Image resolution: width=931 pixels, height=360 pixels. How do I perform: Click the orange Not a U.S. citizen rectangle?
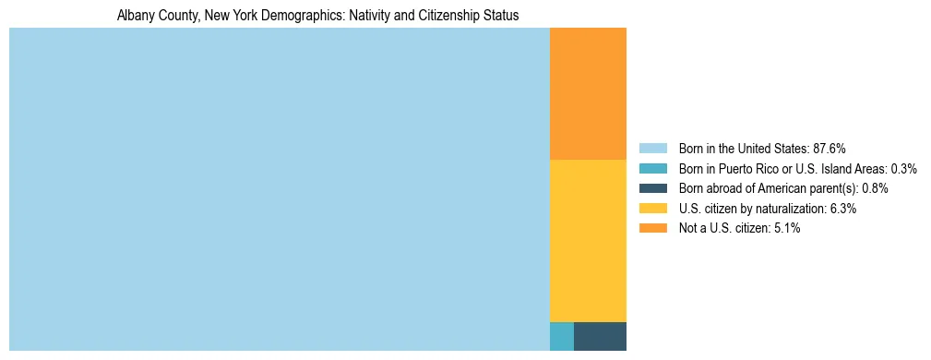[588, 94]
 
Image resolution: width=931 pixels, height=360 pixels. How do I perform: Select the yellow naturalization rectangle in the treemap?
[588, 240]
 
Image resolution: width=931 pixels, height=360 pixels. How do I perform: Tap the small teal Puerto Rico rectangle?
[561, 336]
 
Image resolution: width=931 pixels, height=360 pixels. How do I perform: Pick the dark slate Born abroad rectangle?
[600, 336]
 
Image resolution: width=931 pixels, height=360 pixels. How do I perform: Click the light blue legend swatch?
[652, 149]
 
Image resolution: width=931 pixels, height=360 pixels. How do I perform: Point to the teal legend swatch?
[652, 169]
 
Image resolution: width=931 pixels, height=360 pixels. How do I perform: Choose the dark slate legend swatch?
[652, 188]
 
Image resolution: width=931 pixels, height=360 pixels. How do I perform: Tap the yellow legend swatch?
[652, 209]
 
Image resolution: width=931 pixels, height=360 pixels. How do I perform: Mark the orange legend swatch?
[652, 228]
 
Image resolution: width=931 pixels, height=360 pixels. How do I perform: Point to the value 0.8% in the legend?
[875, 188]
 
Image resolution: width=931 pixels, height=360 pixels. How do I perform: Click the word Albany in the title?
[135, 16]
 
